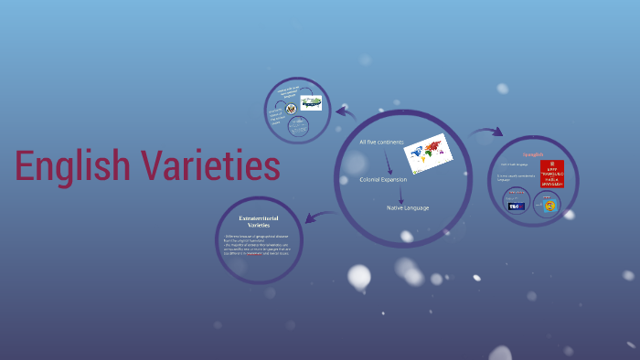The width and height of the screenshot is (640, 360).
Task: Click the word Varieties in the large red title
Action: tap(211, 166)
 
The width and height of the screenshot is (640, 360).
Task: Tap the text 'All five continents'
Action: tap(382, 143)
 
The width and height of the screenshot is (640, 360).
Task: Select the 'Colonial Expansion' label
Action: tap(383, 179)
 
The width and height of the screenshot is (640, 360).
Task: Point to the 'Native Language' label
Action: tap(408, 207)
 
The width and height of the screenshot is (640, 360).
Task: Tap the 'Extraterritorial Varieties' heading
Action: tap(261, 222)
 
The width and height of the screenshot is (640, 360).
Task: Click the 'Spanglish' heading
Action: tap(533, 154)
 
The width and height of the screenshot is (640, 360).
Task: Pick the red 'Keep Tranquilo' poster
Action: tap(552, 173)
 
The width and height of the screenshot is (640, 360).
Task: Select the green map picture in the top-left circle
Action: tap(312, 102)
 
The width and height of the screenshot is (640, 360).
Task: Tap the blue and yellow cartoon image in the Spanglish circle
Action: tap(549, 206)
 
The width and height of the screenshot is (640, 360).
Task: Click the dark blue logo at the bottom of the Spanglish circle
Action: tap(517, 206)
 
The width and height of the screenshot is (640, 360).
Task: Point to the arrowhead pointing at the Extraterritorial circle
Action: tap(308, 219)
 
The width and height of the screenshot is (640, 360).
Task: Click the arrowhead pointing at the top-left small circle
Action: tap(340, 111)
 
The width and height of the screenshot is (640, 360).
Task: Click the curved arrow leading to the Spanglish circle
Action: tap(486, 132)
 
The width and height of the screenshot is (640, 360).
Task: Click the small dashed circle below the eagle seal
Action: tap(298, 127)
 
